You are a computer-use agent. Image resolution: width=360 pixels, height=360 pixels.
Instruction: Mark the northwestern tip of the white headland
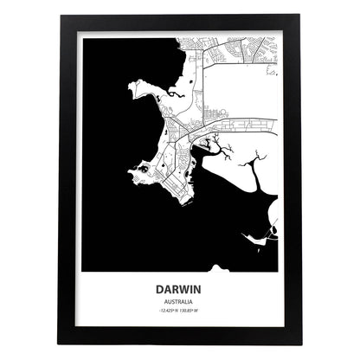tap(130, 84)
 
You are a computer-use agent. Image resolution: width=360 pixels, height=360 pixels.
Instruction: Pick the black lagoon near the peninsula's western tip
tap(141, 172)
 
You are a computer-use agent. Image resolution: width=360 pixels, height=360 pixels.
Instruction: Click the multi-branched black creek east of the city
tap(222, 156)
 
